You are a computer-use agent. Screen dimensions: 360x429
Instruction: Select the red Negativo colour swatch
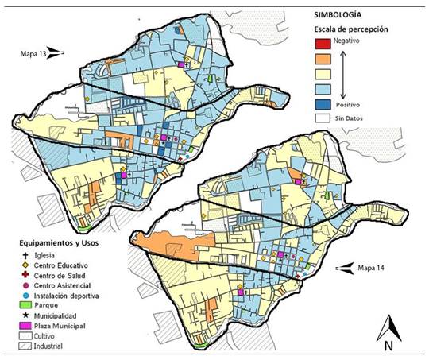[321, 44]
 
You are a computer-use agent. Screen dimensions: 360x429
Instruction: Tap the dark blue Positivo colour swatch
[321, 103]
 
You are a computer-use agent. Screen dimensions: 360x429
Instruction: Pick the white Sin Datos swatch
[321, 118]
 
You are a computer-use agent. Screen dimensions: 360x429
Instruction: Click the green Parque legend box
[26, 305]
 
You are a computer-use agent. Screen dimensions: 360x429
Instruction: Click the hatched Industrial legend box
[26, 346]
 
